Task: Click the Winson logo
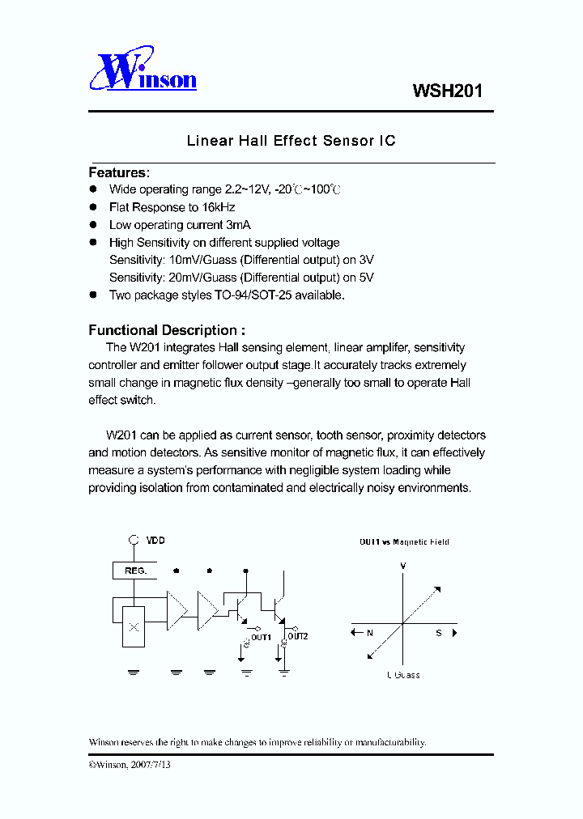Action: pos(143,71)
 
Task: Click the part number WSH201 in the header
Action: pos(448,91)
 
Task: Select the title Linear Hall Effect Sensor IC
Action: pos(291,141)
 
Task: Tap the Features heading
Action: pos(118,172)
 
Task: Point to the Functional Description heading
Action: pos(166,330)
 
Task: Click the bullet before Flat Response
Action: pos(92,207)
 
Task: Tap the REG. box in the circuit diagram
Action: pos(135,571)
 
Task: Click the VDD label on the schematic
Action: pos(155,540)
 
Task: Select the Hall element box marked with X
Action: pos(134,626)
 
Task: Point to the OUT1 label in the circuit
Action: pos(260,637)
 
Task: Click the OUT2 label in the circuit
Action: pos(298,636)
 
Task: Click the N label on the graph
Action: pos(369,633)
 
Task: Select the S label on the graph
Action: pos(438,633)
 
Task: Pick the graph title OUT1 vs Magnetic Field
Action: pos(404,541)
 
